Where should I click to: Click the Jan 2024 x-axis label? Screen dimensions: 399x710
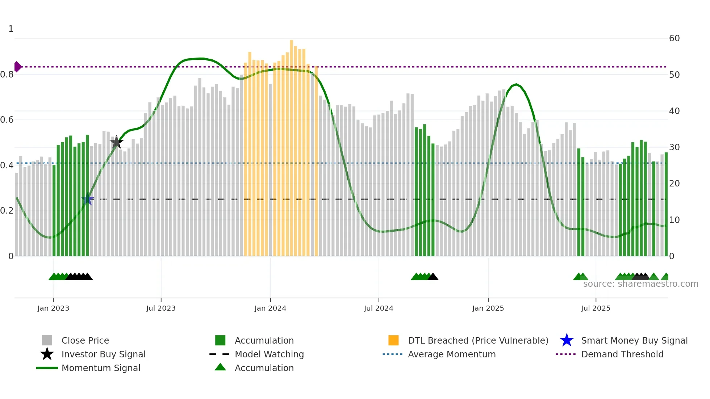click(x=270, y=308)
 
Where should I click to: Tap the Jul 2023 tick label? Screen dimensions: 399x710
click(x=161, y=308)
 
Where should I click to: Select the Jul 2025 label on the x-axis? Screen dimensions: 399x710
click(x=596, y=308)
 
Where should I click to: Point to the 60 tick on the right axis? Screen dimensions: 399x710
click(x=674, y=38)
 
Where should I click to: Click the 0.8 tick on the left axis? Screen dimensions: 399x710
click(x=7, y=75)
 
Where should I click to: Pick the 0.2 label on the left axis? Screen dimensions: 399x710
click(x=7, y=211)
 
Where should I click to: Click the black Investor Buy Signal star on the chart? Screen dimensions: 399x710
click(x=116, y=143)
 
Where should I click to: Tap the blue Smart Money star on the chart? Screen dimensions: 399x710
click(x=87, y=199)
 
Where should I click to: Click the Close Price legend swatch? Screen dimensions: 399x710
click(x=47, y=340)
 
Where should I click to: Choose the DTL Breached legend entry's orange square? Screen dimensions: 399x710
click(x=393, y=340)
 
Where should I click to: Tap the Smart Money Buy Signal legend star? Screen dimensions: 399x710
click(x=567, y=340)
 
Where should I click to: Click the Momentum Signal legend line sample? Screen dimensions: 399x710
click(x=47, y=368)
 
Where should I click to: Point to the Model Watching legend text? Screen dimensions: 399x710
click(x=269, y=354)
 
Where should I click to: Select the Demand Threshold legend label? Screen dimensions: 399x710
click(x=622, y=354)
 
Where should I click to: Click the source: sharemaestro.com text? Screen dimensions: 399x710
click(x=640, y=284)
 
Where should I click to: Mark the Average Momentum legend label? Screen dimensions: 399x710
click(x=452, y=354)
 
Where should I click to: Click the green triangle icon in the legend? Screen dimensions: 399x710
click(x=220, y=367)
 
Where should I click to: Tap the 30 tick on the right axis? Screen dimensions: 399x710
click(x=674, y=147)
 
